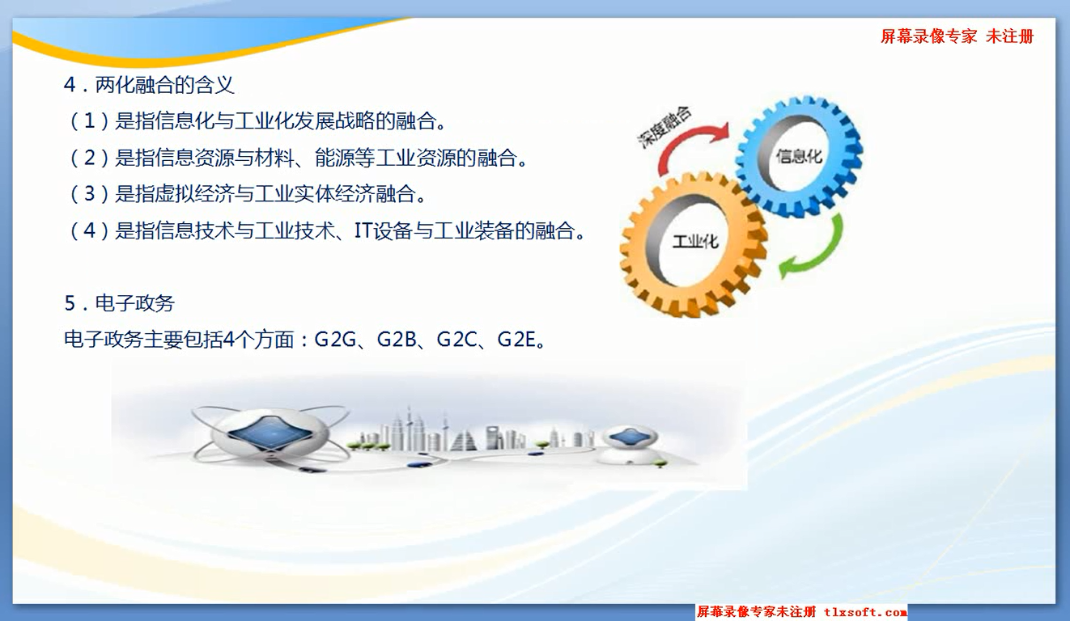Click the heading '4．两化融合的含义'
pos(149,85)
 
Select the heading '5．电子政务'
pos(120,303)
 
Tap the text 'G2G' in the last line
pos(335,340)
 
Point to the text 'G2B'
pos(397,340)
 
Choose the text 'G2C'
pos(456,340)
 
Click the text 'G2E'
pos(516,340)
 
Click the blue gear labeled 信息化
pos(800,155)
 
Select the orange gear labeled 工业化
pos(694,244)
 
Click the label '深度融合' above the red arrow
pos(665,127)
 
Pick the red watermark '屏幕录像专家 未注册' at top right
pos(957,36)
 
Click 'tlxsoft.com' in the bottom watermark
pos(865,612)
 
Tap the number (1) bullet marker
pos(89,120)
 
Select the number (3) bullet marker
pos(89,193)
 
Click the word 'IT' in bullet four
pos(363,230)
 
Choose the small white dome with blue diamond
pos(631,444)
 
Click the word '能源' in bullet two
pos(335,158)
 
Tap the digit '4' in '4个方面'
pos(229,340)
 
